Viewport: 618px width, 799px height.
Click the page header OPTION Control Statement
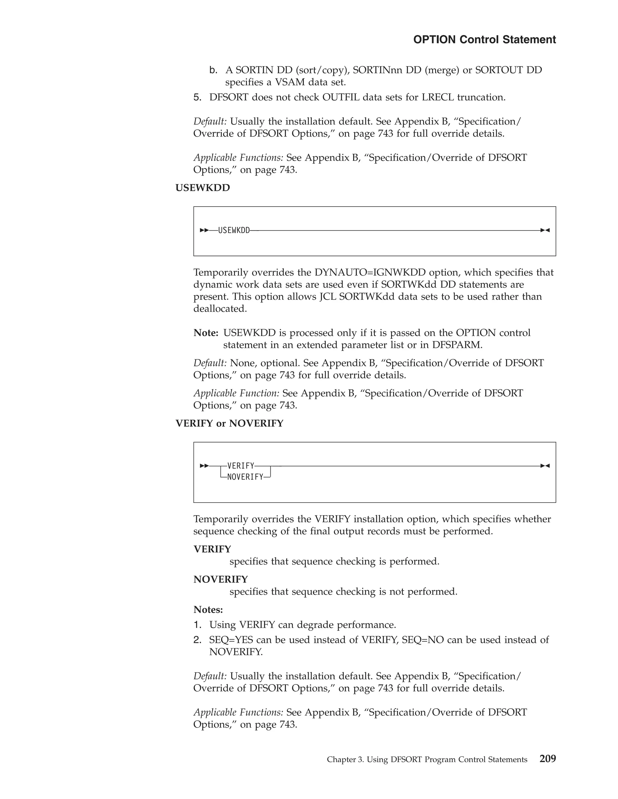(x=484, y=39)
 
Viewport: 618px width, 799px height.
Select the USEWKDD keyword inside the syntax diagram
(x=234, y=230)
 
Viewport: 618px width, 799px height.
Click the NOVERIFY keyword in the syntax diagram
(x=245, y=477)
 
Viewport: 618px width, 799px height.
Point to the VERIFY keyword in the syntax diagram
(x=241, y=466)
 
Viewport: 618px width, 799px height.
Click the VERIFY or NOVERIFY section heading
(x=229, y=423)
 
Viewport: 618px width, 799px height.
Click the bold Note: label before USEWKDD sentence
(x=206, y=333)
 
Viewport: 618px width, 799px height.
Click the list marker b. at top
(x=213, y=70)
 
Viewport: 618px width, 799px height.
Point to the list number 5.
(x=197, y=97)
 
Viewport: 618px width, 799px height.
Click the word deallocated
(x=220, y=309)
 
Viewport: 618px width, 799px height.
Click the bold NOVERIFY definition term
(x=220, y=580)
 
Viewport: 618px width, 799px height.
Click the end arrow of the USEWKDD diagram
(x=545, y=230)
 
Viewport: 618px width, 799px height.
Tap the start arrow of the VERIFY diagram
(x=204, y=466)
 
